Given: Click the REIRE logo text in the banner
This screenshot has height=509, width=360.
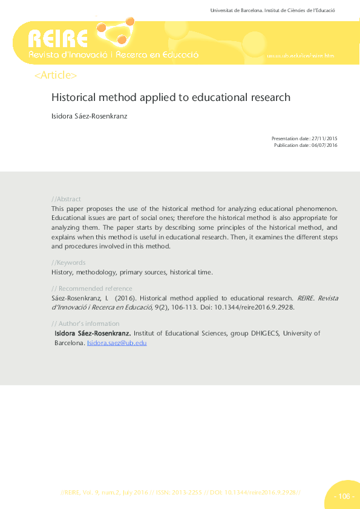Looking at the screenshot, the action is [x=58, y=39].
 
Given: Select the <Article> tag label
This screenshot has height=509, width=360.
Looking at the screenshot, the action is [x=56, y=76].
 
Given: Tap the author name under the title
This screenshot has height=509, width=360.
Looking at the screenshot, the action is [x=89, y=116].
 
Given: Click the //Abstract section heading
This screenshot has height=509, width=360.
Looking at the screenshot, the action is [x=67, y=199].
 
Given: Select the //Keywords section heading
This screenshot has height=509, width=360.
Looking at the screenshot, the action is [x=68, y=262].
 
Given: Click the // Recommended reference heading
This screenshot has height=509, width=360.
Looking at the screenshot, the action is [x=92, y=288].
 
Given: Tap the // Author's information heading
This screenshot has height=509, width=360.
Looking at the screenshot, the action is [x=86, y=323].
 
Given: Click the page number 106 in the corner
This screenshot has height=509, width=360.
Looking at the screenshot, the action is [x=343, y=497].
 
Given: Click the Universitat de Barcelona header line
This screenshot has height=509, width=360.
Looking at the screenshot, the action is [x=272, y=10].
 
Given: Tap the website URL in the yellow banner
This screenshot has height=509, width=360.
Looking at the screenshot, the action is [x=299, y=56].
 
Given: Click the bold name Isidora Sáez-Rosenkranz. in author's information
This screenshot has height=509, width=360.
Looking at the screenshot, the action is [x=93, y=333].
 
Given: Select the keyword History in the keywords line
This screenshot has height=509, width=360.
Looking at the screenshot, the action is [x=62, y=273].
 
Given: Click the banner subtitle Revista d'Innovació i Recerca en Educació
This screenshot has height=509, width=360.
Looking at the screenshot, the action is [x=114, y=55].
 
